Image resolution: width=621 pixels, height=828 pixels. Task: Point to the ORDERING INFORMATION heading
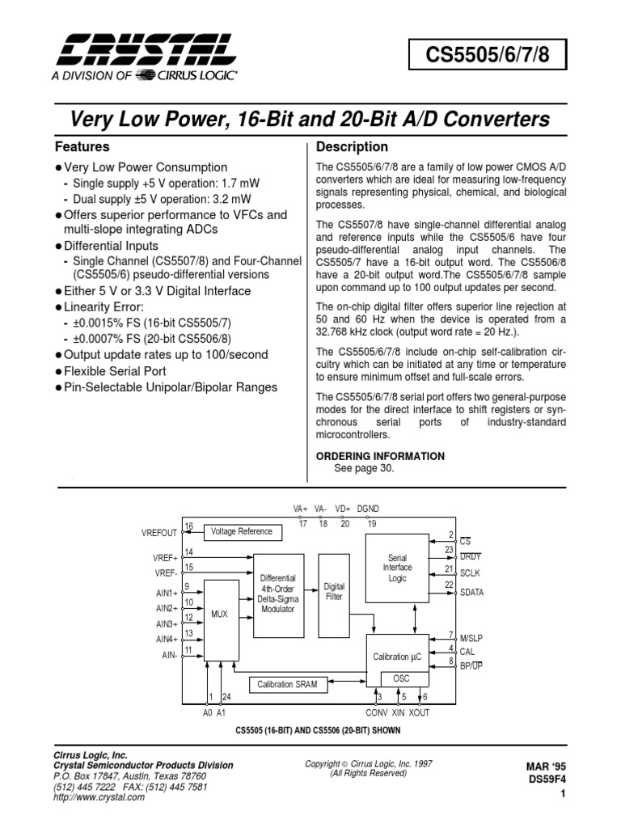(x=379, y=456)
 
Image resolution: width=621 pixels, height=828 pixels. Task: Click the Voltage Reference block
(x=243, y=532)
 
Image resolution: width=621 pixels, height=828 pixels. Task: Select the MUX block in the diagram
(x=220, y=615)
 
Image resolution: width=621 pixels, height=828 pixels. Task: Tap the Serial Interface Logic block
(x=397, y=568)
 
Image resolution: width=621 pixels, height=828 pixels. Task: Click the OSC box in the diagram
(x=401, y=678)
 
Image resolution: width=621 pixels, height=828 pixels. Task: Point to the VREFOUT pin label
(x=158, y=533)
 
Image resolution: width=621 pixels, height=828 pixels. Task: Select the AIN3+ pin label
(x=167, y=623)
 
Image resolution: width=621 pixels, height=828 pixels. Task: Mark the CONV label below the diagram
(x=377, y=713)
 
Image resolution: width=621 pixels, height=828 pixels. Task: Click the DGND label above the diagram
(x=368, y=509)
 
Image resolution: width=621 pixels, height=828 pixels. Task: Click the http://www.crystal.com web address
(x=99, y=796)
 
